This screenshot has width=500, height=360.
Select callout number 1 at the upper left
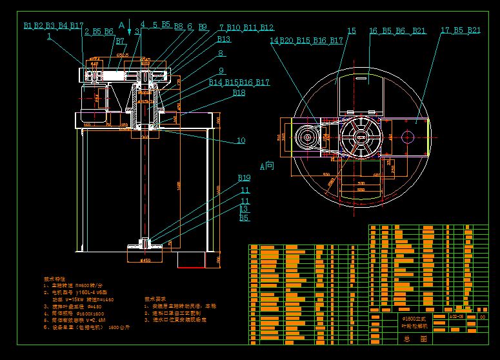(x=49, y=37)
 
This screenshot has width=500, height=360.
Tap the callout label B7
(x=120, y=41)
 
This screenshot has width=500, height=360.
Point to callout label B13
(x=224, y=39)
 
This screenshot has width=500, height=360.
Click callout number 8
(x=221, y=54)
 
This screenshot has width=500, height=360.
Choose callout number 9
(x=221, y=71)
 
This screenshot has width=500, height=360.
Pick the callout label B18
(x=239, y=93)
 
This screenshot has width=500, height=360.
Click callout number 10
(x=241, y=140)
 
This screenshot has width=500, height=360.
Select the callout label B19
(x=244, y=177)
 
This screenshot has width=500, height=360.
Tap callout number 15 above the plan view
(x=352, y=30)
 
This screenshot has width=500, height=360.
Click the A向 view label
(x=266, y=165)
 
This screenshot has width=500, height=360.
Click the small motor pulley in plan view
(x=308, y=137)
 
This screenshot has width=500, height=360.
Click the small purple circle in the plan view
(x=408, y=136)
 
